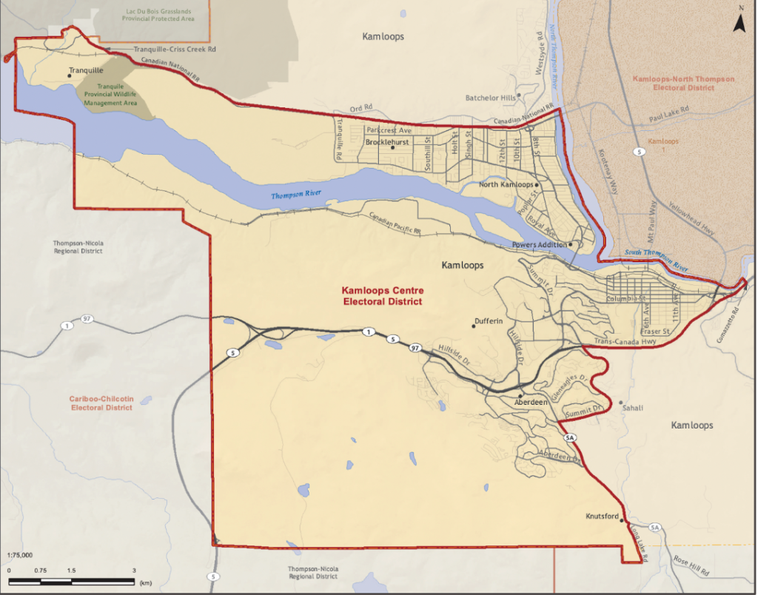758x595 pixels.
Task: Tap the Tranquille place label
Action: pos(85,71)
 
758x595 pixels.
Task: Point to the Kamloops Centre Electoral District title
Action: pos(382,296)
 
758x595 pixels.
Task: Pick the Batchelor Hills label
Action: pos(490,98)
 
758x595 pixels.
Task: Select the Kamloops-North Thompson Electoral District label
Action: pos(674,83)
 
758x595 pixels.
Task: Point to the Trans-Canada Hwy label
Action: pos(625,342)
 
